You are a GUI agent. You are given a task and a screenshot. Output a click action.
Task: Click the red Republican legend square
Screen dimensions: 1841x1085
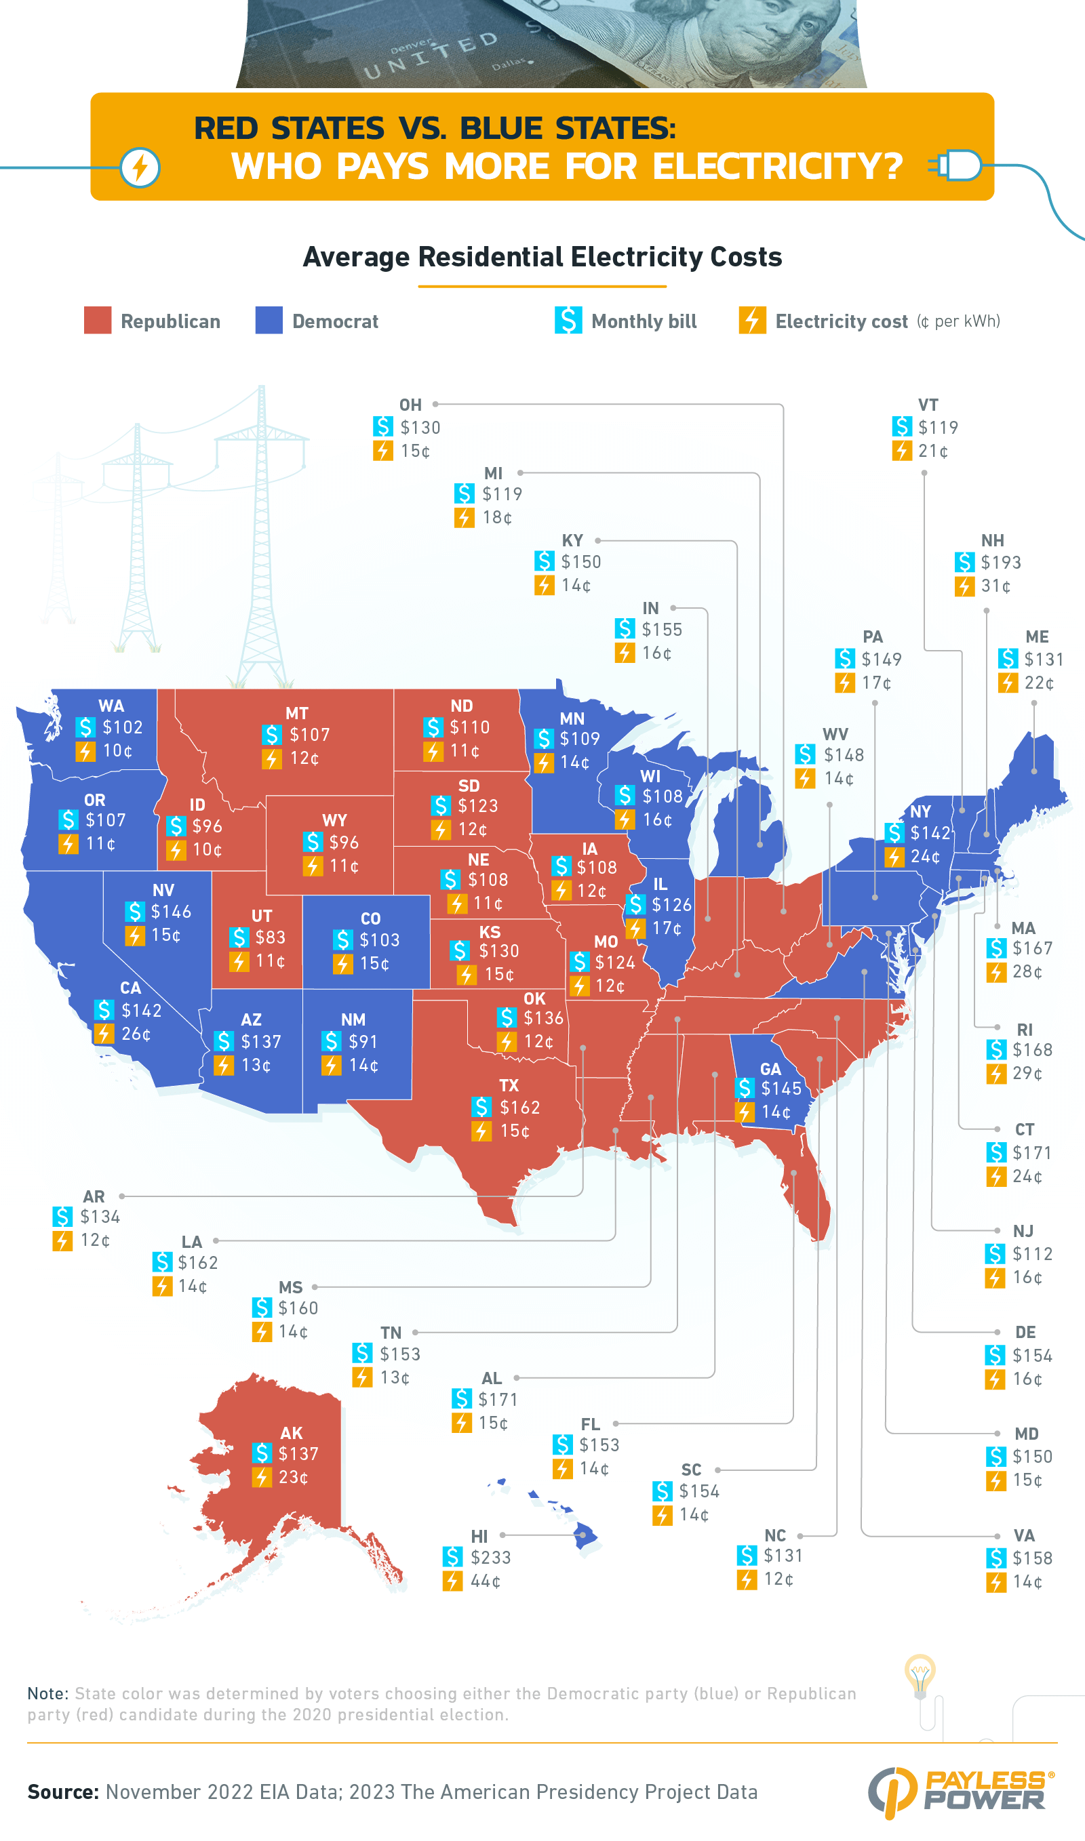click(x=97, y=320)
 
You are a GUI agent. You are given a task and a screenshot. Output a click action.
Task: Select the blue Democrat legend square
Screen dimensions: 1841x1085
click(x=269, y=320)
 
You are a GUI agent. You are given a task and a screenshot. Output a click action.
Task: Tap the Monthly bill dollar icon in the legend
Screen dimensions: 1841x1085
click(x=568, y=320)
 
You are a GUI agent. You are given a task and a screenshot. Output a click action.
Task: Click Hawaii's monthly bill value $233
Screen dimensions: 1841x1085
click(x=490, y=1558)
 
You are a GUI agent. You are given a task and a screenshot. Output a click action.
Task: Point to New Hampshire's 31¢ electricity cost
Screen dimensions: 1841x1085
click(x=995, y=586)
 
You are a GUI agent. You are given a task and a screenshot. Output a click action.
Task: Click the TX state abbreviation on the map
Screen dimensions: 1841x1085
click(x=509, y=1085)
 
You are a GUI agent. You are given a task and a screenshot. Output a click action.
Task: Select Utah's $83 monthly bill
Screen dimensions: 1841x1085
click(x=270, y=937)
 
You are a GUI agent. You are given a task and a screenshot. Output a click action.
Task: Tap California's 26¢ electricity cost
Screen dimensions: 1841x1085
click(x=136, y=1034)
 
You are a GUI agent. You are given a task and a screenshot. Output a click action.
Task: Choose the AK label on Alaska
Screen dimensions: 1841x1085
click(x=291, y=1432)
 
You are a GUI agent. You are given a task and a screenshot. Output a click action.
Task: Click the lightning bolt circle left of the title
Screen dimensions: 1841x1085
click(x=140, y=167)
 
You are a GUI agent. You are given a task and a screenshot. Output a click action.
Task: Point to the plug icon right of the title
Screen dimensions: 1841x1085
click(x=955, y=166)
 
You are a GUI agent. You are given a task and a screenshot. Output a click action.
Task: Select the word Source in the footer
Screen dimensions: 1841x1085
click(x=63, y=1792)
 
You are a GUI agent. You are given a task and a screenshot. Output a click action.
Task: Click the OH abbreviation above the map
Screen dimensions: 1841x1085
click(x=410, y=405)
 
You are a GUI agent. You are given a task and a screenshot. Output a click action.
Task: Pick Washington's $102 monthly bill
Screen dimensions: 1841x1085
click(x=122, y=727)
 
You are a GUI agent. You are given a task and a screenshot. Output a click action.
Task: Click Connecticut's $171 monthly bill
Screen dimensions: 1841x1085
click(x=1031, y=1152)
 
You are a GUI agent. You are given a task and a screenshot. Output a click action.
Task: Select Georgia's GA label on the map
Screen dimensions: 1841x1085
click(x=770, y=1068)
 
